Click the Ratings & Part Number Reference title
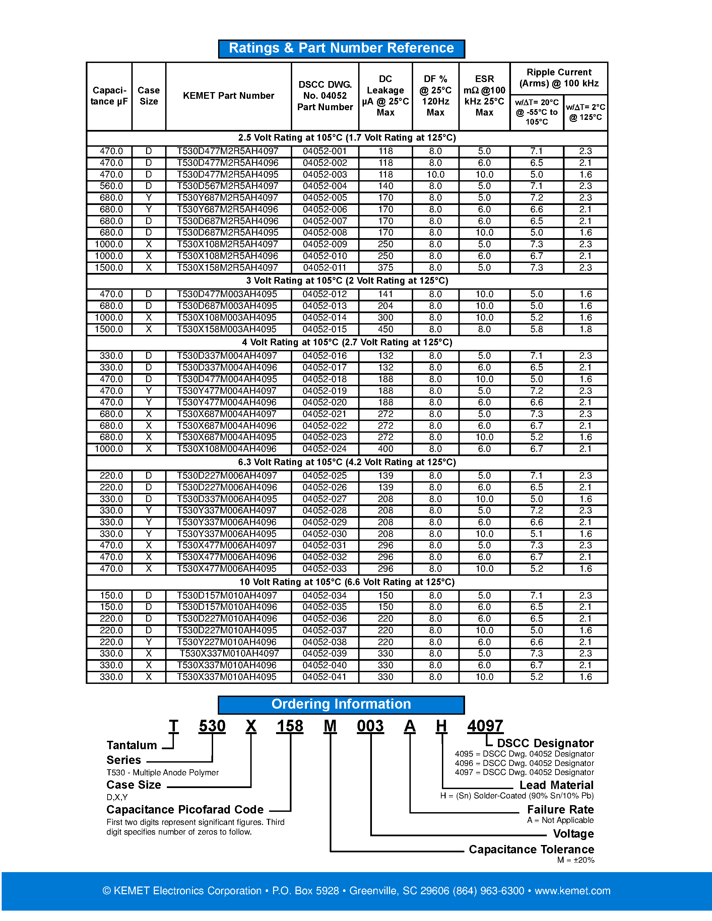tap(341, 49)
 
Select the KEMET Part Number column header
tap(228, 96)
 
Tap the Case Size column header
tap(148, 96)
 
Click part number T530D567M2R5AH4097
tap(228, 186)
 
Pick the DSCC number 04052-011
tap(324, 268)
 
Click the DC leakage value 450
tap(385, 329)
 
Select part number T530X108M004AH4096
tap(226, 449)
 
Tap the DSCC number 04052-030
tap(324, 534)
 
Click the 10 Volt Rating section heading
tap(347, 582)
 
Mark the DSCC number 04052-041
tap(324, 677)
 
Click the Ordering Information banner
tap(341, 704)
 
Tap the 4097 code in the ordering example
tap(485, 726)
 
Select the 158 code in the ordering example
tap(290, 726)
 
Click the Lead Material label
tap(556, 785)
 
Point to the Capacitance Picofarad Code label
tap(185, 810)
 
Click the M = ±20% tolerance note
tap(575, 860)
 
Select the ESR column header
tap(484, 96)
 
